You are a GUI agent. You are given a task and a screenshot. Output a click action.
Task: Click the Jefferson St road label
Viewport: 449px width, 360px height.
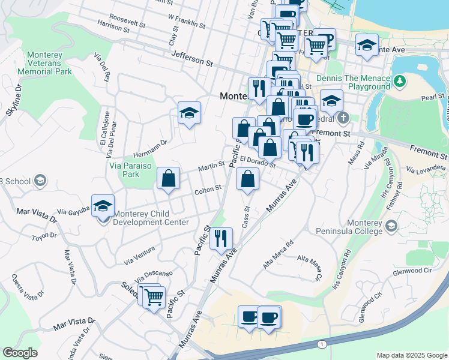192,58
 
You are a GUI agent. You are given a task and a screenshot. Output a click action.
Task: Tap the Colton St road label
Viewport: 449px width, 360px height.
208,188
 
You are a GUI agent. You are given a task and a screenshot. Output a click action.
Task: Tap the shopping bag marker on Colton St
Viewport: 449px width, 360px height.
169,179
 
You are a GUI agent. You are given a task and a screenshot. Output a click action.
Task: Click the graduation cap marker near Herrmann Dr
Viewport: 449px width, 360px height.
189,113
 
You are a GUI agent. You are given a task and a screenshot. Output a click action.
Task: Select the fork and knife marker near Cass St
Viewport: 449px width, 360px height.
221,239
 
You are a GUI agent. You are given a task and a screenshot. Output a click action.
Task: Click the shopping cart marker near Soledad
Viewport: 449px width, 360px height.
154,297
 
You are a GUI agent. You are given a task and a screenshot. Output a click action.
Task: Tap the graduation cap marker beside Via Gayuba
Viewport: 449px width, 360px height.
103,206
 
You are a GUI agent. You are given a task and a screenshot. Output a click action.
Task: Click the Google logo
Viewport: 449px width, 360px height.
20,353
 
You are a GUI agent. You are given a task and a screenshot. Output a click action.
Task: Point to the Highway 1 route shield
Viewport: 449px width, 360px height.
322,344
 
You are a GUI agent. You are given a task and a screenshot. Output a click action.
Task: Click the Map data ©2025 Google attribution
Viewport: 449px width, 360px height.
412,355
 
